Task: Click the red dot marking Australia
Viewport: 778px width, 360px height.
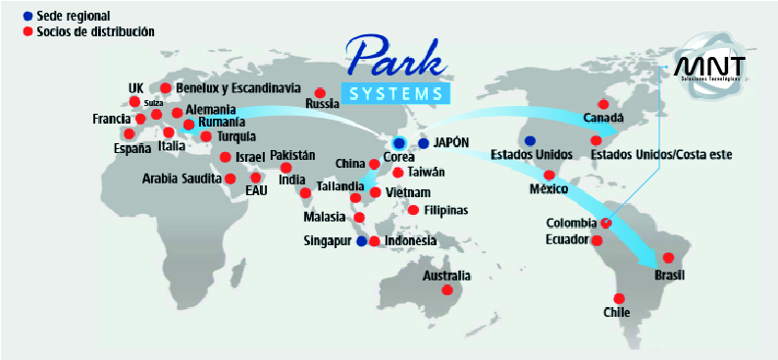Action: (447, 290)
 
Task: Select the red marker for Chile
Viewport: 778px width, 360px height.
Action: (618, 298)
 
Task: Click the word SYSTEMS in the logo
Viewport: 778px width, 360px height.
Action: (396, 93)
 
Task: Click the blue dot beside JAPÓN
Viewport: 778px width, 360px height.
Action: (423, 143)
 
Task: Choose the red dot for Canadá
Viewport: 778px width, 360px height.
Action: (603, 104)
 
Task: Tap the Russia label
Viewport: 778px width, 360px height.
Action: (322, 103)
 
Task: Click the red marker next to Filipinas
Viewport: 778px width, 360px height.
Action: (413, 210)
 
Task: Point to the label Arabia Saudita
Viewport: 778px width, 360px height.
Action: (182, 179)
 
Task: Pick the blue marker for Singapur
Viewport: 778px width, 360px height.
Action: (361, 240)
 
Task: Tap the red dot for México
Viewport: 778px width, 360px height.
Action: (548, 175)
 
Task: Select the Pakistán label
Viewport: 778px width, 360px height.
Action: (292, 156)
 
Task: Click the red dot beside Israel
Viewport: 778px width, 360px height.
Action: (226, 157)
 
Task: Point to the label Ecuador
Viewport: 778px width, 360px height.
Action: (566, 238)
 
